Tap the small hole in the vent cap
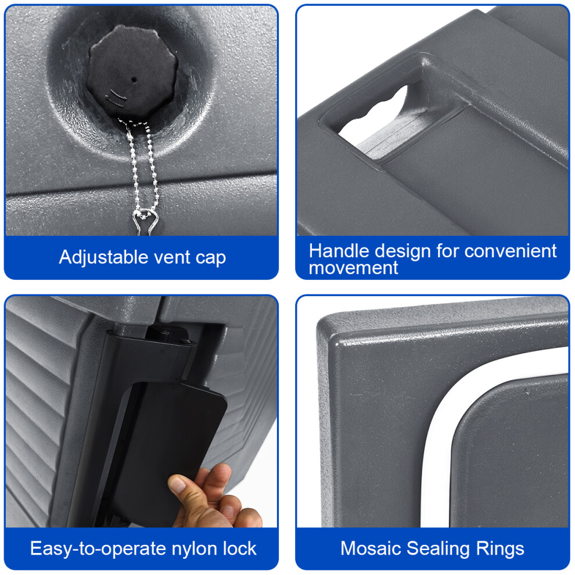134,80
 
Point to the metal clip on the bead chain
146,221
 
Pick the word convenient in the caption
511,251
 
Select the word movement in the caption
353,268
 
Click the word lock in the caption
239,549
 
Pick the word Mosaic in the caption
371,549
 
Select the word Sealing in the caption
438,549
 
